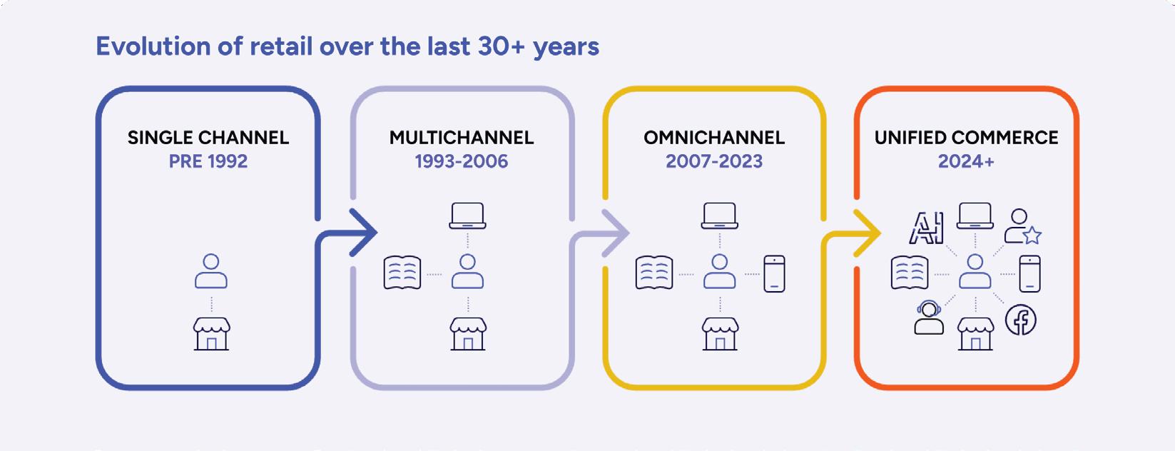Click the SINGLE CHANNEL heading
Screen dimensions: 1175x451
point(208,138)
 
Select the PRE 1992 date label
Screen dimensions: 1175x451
point(208,161)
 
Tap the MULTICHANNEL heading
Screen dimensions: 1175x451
point(462,138)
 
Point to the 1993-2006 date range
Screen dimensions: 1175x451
point(462,161)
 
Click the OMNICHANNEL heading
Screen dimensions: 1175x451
point(714,138)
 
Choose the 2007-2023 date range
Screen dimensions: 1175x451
point(714,161)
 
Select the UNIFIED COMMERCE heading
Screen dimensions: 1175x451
point(966,138)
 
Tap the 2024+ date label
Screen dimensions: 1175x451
point(966,161)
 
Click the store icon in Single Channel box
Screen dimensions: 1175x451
point(211,333)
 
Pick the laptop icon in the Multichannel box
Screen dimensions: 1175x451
point(467,216)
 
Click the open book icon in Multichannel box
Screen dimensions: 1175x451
point(402,273)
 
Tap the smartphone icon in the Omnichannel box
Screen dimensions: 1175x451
point(774,273)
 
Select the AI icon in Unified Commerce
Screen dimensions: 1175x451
point(926,228)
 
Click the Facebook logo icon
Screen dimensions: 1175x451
point(1021,320)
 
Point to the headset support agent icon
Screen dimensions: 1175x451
point(929,318)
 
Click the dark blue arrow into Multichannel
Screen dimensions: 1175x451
point(336,233)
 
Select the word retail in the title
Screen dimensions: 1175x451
point(281,46)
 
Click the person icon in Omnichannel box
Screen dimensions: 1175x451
point(720,271)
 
